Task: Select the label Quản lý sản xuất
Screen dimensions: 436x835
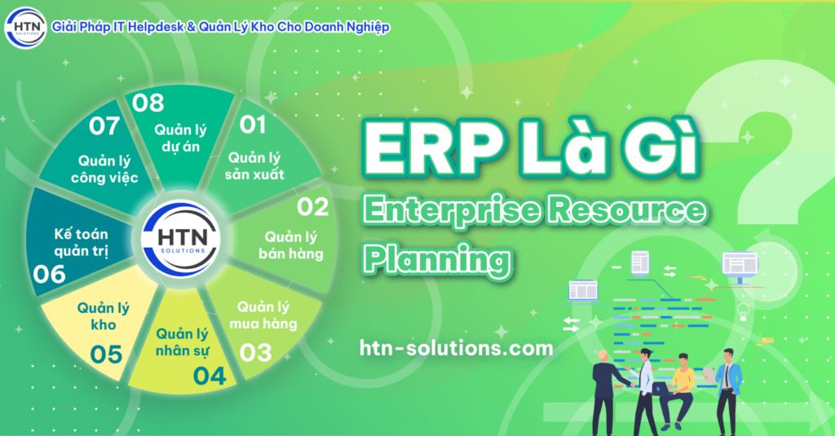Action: pyautogui.click(x=256, y=165)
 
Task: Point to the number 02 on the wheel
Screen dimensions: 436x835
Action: pyautogui.click(x=312, y=207)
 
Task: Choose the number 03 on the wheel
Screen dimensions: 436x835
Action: pyautogui.click(x=255, y=353)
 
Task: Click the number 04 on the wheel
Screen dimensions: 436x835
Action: pyautogui.click(x=210, y=376)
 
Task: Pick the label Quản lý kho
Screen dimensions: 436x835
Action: pyautogui.click(x=104, y=316)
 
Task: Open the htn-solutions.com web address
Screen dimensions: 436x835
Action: pyautogui.click(x=456, y=348)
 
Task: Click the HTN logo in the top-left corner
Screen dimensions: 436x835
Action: pyautogui.click(x=24, y=29)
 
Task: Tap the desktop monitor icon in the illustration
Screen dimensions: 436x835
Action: pyautogui.click(x=739, y=266)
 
